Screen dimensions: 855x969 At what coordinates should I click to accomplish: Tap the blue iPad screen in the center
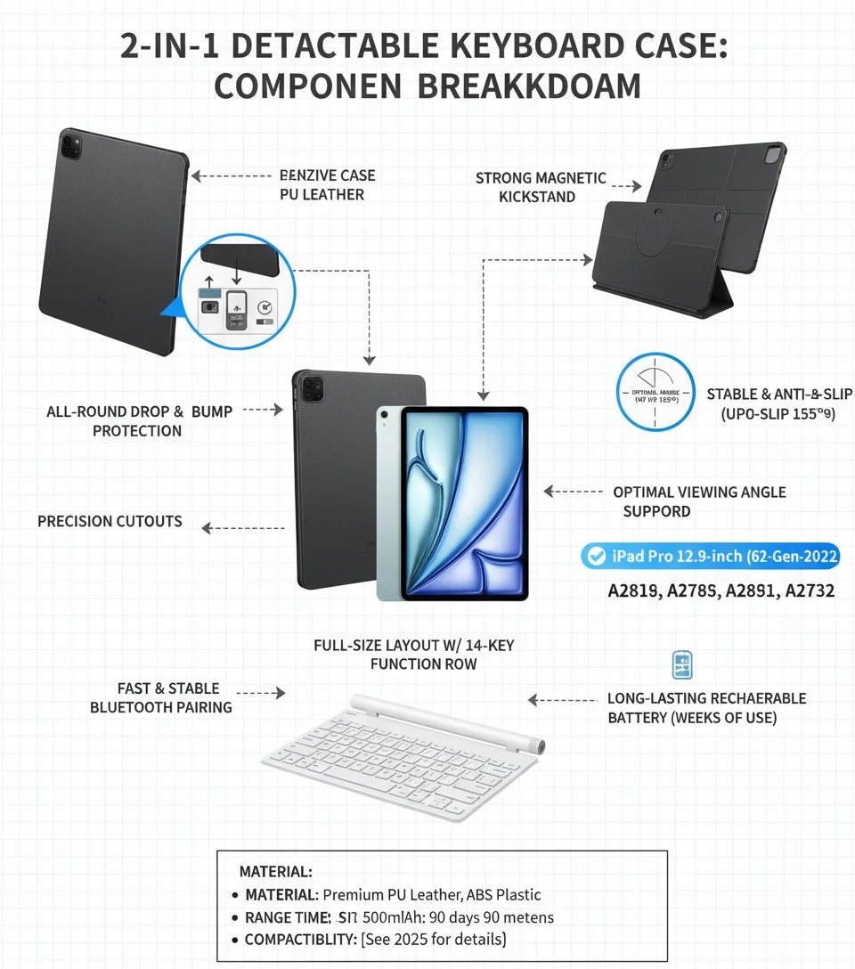464,503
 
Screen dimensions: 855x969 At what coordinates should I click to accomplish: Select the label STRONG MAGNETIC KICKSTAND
540,187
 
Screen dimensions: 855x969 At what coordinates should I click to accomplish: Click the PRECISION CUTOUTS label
110,521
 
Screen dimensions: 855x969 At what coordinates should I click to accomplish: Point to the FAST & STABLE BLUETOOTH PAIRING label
160,697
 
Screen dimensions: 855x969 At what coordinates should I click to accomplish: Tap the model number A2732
810,590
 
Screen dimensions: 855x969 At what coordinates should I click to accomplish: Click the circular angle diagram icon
655,392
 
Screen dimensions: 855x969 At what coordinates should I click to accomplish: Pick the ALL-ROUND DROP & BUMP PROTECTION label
139,421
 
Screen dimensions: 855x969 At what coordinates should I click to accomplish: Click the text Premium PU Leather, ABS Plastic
432,894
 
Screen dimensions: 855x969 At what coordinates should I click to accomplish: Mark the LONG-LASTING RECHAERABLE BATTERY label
706,708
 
